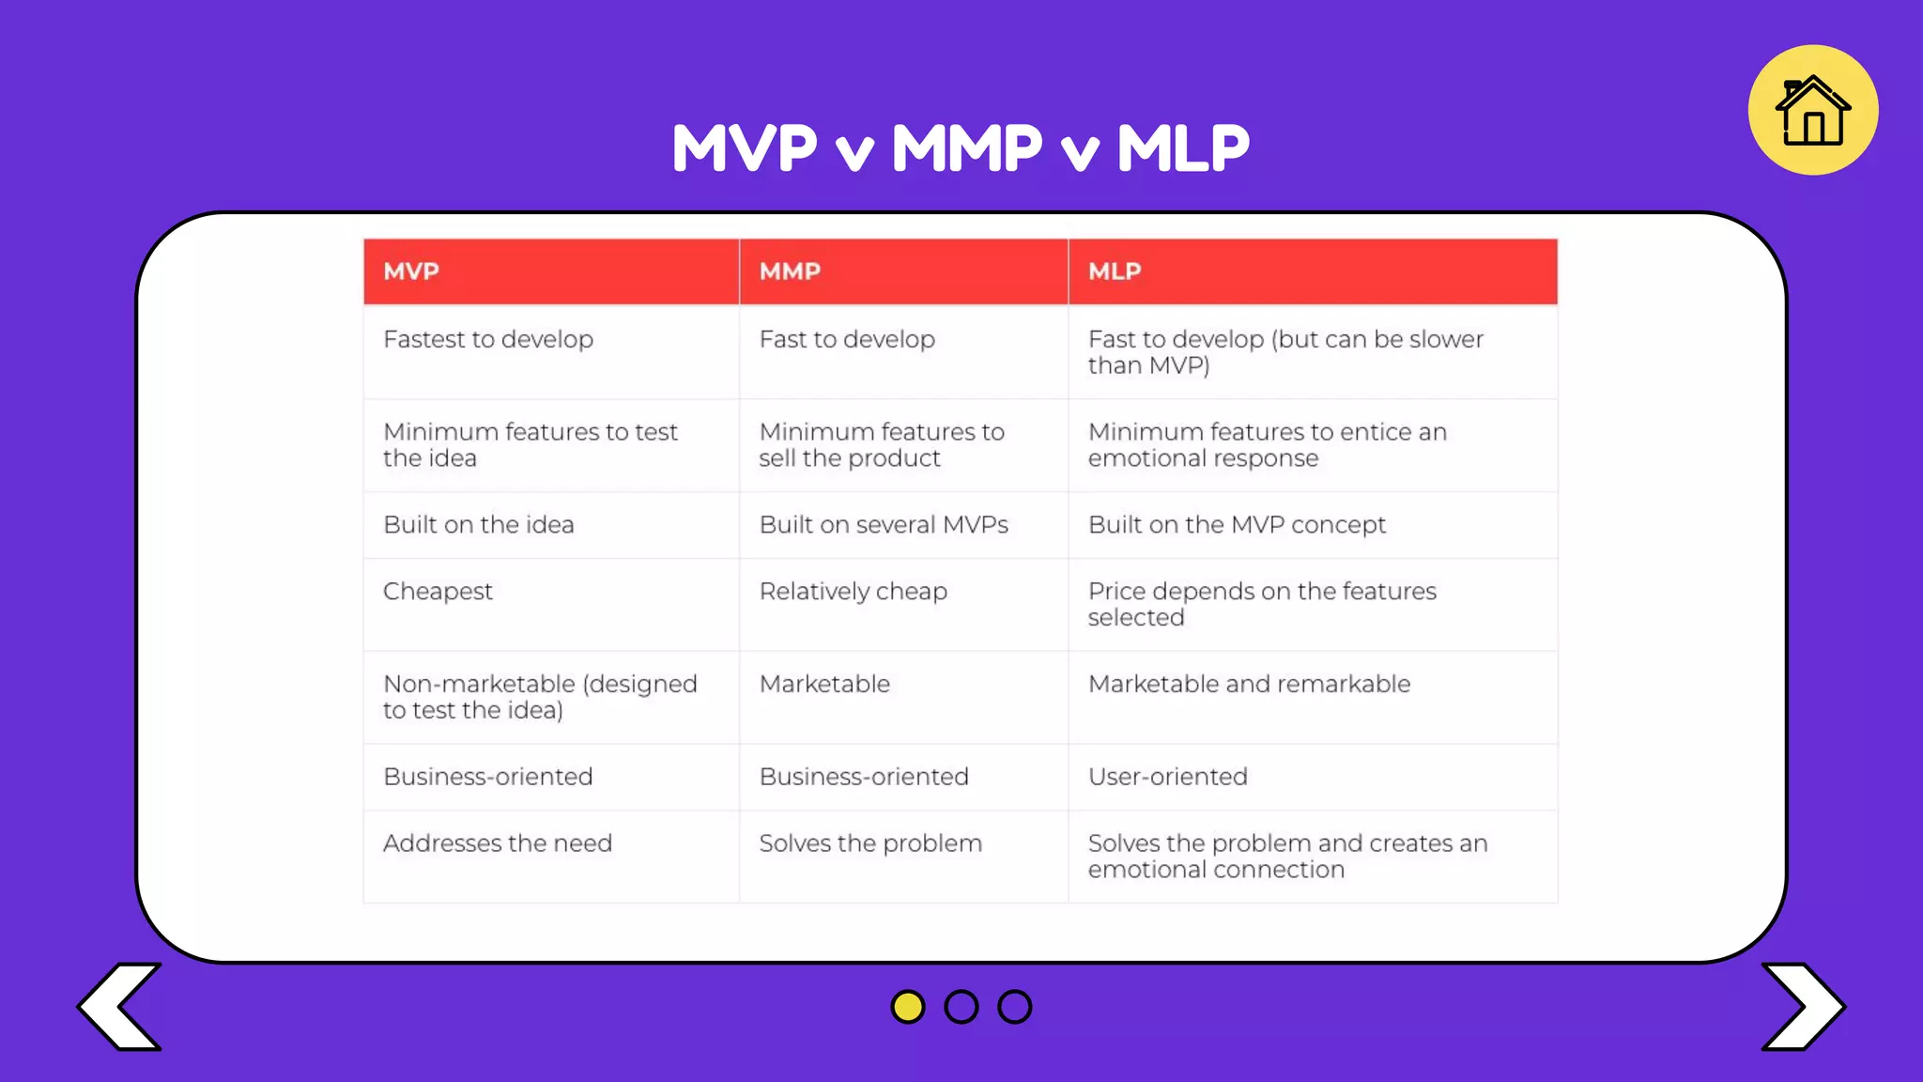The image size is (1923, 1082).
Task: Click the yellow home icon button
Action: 1812,110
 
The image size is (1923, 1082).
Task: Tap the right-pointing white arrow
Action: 1803,1006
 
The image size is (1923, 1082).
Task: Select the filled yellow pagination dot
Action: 907,1007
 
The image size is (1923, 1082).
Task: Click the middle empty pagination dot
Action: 961,1007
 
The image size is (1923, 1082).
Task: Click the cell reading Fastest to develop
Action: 488,339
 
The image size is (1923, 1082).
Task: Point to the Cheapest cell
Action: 438,592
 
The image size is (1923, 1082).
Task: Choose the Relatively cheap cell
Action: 853,592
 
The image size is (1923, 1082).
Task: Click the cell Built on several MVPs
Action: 883,525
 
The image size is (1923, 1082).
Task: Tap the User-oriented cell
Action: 1167,777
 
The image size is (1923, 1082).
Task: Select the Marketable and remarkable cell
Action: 1249,684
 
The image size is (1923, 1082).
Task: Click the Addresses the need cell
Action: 497,843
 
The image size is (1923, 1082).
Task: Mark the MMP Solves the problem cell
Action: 870,843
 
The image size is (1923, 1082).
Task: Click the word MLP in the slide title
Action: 1182,148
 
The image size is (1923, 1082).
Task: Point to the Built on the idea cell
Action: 478,525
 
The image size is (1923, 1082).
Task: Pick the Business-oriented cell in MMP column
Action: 863,777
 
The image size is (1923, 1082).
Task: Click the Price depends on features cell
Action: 1261,604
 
